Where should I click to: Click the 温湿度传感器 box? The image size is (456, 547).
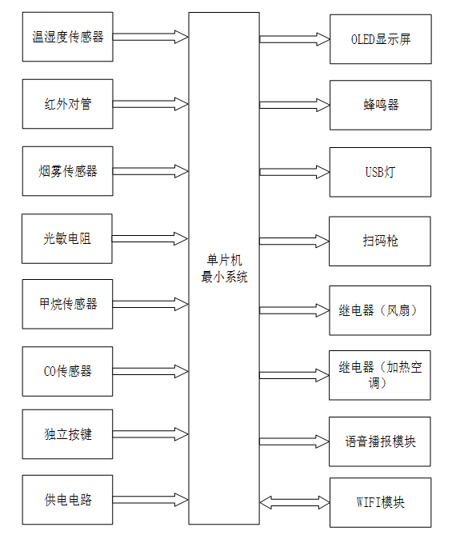(68, 37)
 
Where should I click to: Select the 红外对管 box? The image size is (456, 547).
(68, 104)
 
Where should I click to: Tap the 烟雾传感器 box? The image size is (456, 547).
(68, 171)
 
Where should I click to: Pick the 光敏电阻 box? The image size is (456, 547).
(68, 238)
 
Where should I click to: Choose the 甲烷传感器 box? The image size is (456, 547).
(68, 304)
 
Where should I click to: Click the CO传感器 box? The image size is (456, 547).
(68, 371)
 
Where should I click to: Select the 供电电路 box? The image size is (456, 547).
(68, 500)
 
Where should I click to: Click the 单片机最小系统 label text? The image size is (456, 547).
(224, 269)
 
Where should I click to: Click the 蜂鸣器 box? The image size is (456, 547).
(380, 105)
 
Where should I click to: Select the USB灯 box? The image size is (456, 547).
(380, 172)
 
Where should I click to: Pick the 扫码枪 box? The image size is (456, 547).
(380, 241)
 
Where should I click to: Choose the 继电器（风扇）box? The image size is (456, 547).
(380, 310)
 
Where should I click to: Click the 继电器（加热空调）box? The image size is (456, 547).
(380, 375)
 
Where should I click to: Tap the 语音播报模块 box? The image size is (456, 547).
(380, 441)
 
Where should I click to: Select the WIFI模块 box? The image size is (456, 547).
(380, 503)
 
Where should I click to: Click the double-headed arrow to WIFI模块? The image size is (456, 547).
(294, 503)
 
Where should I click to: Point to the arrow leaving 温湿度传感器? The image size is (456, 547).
(150, 37)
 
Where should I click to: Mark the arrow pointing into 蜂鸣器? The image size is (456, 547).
(294, 105)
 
